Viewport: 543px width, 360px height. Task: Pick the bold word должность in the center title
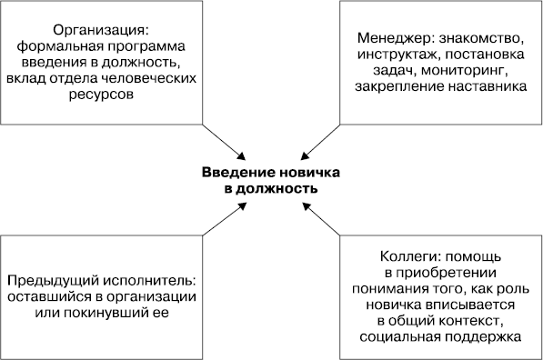coord(277,189)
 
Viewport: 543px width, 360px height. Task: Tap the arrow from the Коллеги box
coord(320,219)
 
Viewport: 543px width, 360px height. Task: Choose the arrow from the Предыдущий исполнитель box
coord(221,219)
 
